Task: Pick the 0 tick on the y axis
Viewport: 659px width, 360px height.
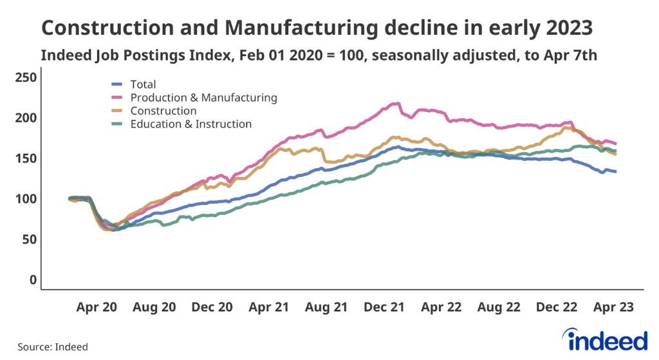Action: click(33, 280)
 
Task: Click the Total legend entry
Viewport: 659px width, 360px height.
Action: click(143, 84)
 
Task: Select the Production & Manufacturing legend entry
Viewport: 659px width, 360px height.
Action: click(203, 98)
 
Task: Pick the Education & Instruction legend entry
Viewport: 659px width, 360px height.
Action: click(190, 124)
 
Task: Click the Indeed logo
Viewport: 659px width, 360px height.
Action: click(604, 339)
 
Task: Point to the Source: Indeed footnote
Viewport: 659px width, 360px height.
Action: click(53, 346)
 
